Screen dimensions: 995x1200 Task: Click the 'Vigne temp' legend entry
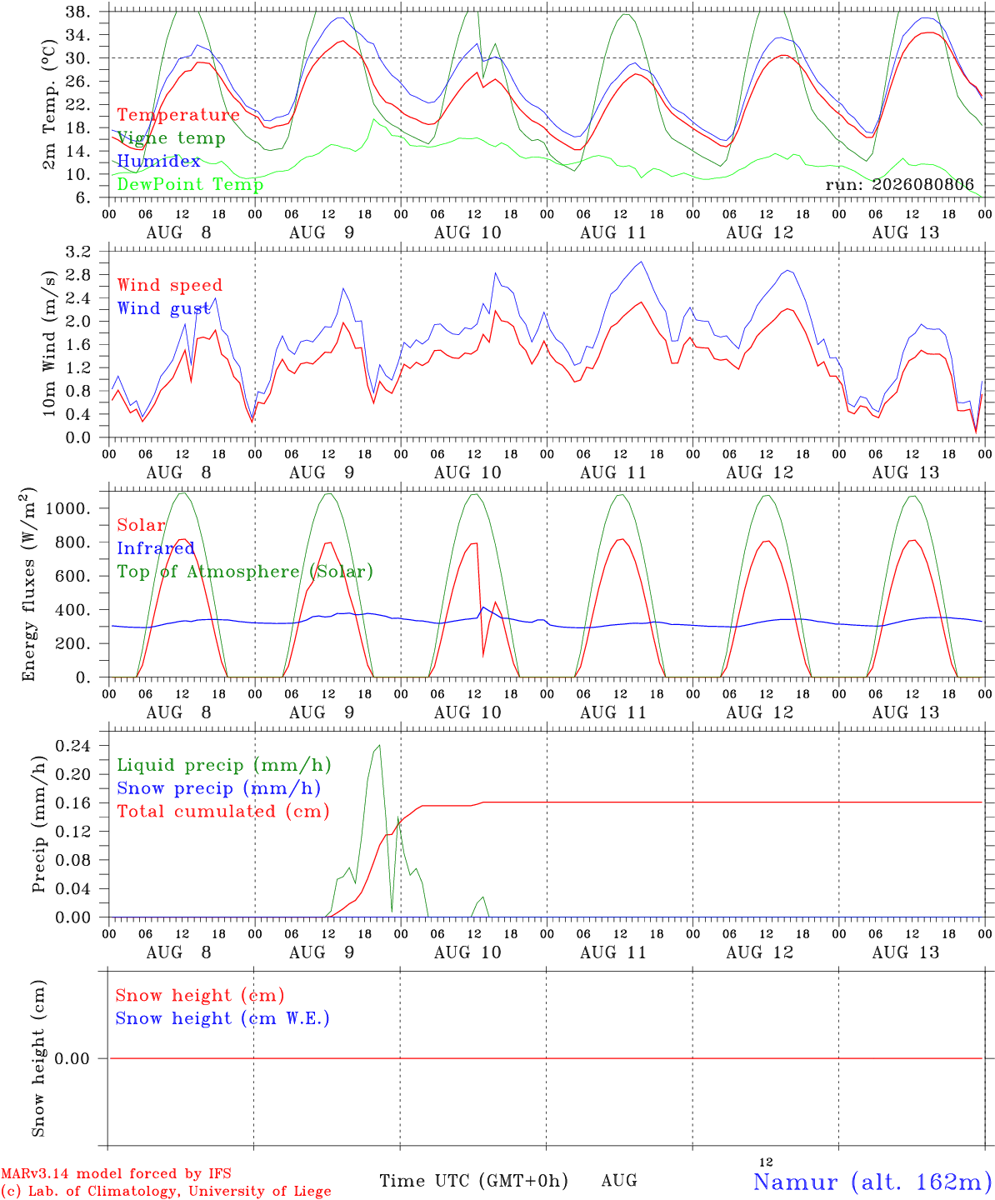pyautogui.click(x=171, y=138)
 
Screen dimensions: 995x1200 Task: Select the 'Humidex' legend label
pyautogui.click(x=158, y=161)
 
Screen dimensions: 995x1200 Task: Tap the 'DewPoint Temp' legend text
pyautogui.click(x=190, y=184)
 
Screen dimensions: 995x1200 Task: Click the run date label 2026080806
pyautogui.click(x=923, y=184)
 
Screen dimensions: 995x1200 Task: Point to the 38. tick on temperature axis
pyautogui.click(x=78, y=12)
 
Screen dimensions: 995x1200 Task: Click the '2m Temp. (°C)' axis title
pyautogui.click(x=49, y=105)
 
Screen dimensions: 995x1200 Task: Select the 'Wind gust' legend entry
pyautogui.click(x=163, y=308)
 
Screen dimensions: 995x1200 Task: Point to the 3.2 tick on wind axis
pyautogui.click(x=78, y=252)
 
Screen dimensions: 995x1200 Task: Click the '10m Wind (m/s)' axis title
pyautogui.click(x=49, y=343)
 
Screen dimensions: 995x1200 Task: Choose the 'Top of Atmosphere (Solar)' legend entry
pyautogui.click(x=246, y=572)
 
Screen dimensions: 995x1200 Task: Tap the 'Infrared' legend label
pyautogui.click(x=156, y=548)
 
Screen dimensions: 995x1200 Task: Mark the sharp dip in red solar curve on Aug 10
pyautogui.click(x=482, y=656)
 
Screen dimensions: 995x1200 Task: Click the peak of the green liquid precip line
pyautogui.click(x=379, y=745)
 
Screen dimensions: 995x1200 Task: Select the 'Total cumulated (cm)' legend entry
pyautogui.click(x=223, y=812)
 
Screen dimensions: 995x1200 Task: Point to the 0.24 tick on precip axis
pyautogui.click(x=73, y=746)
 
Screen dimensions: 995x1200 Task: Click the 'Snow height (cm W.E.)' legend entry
pyautogui.click(x=222, y=1018)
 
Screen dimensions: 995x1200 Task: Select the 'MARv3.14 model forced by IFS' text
pyautogui.click(x=116, y=1173)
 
